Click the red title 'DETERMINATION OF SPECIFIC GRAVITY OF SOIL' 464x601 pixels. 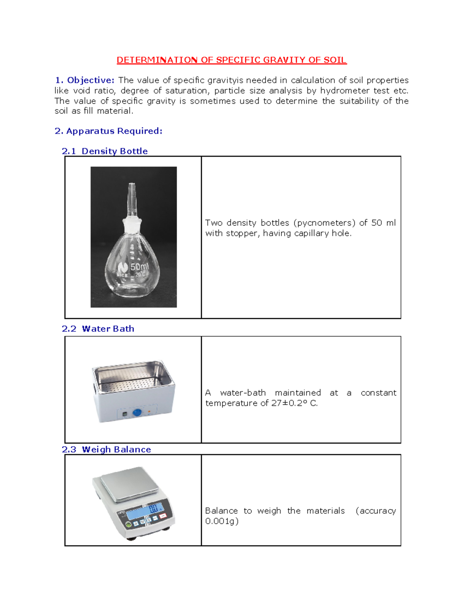click(x=232, y=60)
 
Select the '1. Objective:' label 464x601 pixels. click(x=84, y=80)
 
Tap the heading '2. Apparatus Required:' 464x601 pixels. click(x=108, y=131)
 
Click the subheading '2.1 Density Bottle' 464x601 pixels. click(x=104, y=151)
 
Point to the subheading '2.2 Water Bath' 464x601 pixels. click(x=98, y=329)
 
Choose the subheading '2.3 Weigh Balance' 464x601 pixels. click(x=106, y=449)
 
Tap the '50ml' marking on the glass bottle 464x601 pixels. click(x=139, y=267)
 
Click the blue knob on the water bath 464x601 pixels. click(x=137, y=413)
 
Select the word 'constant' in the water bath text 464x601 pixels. click(x=378, y=393)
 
